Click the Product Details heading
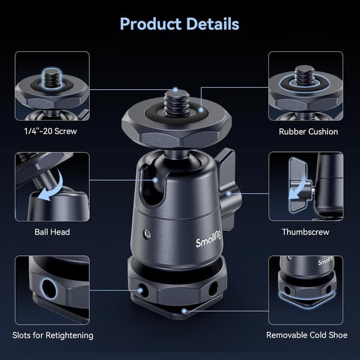tap(179, 24)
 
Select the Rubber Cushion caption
tap(308, 132)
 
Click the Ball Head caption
tap(52, 232)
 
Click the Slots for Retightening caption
tap(53, 335)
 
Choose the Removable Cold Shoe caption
tap(307, 335)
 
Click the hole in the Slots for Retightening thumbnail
tap(49, 289)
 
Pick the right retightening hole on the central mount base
tap(214, 289)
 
